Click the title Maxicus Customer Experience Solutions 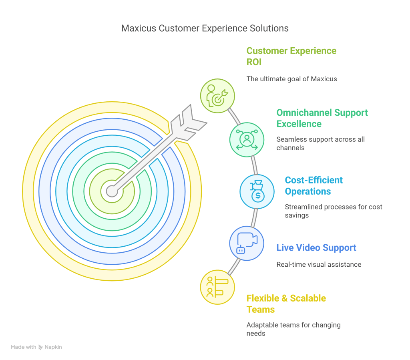click(205, 28)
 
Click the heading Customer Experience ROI click(291, 56)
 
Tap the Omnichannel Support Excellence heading click(322, 118)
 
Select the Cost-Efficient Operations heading click(314, 186)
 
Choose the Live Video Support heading click(316, 247)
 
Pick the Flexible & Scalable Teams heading click(286, 304)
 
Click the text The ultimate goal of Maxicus click(291, 79)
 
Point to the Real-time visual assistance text click(319, 265)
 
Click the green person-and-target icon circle click(217, 96)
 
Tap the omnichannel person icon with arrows click(247, 140)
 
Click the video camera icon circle click(247, 243)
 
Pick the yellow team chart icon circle click(217, 288)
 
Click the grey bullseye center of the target click(112, 191)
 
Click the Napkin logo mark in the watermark click(40, 347)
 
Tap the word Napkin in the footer click(53, 347)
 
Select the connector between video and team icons click(234, 267)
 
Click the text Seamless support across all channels click(321, 143)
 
